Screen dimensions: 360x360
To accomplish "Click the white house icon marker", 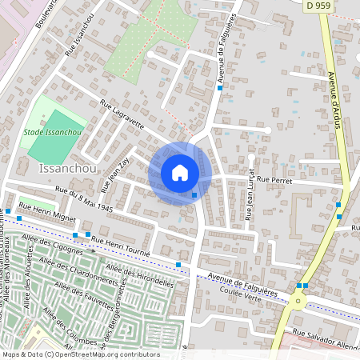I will click(x=180, y=173).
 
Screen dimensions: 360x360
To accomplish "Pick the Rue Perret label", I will click(x=274, y=181).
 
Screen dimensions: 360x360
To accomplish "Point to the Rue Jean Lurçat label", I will click(x=250, y=194).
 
